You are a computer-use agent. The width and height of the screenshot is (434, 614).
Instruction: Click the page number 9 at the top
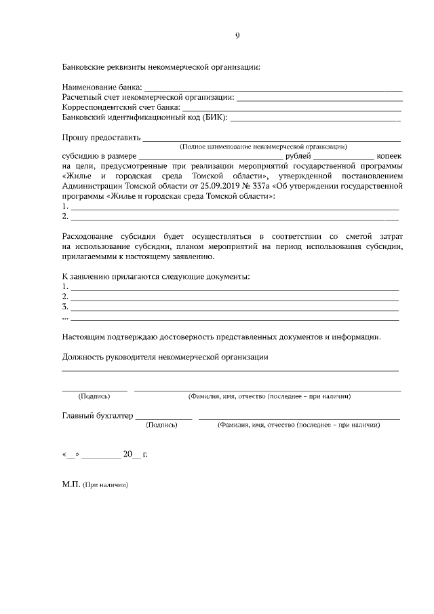(x=237, y=36)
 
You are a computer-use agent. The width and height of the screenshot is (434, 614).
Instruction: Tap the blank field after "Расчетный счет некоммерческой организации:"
(x=319, y=98)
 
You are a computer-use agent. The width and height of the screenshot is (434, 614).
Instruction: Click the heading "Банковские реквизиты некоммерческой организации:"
(x=161, y=66)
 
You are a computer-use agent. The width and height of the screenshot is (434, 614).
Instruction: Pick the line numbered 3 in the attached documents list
(x=235, y=307)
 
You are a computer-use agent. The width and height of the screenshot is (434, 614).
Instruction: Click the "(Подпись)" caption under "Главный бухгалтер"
(x=161, y=425)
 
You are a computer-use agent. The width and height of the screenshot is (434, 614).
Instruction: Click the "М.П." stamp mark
(x=71, y=485)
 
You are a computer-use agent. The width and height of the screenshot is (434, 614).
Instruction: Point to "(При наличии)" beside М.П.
(x=105, y=486)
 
